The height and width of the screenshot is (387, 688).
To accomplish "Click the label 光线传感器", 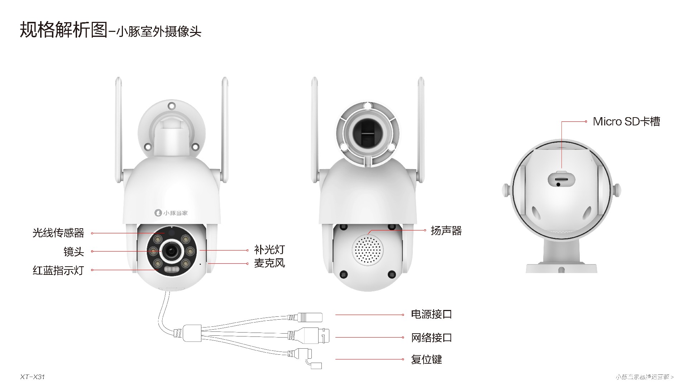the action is [58, 233].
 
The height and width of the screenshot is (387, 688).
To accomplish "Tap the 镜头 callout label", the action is [74, 252].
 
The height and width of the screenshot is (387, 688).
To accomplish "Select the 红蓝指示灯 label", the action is [58, 270].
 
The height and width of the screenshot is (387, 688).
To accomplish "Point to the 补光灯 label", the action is [269, 250].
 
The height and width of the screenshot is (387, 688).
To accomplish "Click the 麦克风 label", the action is [269, 263].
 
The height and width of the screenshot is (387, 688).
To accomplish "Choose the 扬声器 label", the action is [446, 230].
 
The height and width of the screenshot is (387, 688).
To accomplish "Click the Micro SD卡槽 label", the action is [626, 121].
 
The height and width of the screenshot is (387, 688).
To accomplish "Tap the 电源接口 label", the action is [431, 314].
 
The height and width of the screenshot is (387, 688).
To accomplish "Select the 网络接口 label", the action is [431, 337].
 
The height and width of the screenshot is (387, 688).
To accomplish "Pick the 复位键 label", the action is [426, 359].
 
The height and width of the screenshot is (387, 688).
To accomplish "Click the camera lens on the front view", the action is [171, 251].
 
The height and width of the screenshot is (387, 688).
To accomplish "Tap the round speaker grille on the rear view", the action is [368, 250].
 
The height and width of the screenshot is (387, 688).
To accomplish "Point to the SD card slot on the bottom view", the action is [561, 178].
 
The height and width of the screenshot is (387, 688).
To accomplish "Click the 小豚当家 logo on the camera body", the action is [171, 213].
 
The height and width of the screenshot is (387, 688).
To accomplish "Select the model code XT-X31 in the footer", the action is [33, 377].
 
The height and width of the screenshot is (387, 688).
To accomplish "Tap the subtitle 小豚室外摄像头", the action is [159, 32].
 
